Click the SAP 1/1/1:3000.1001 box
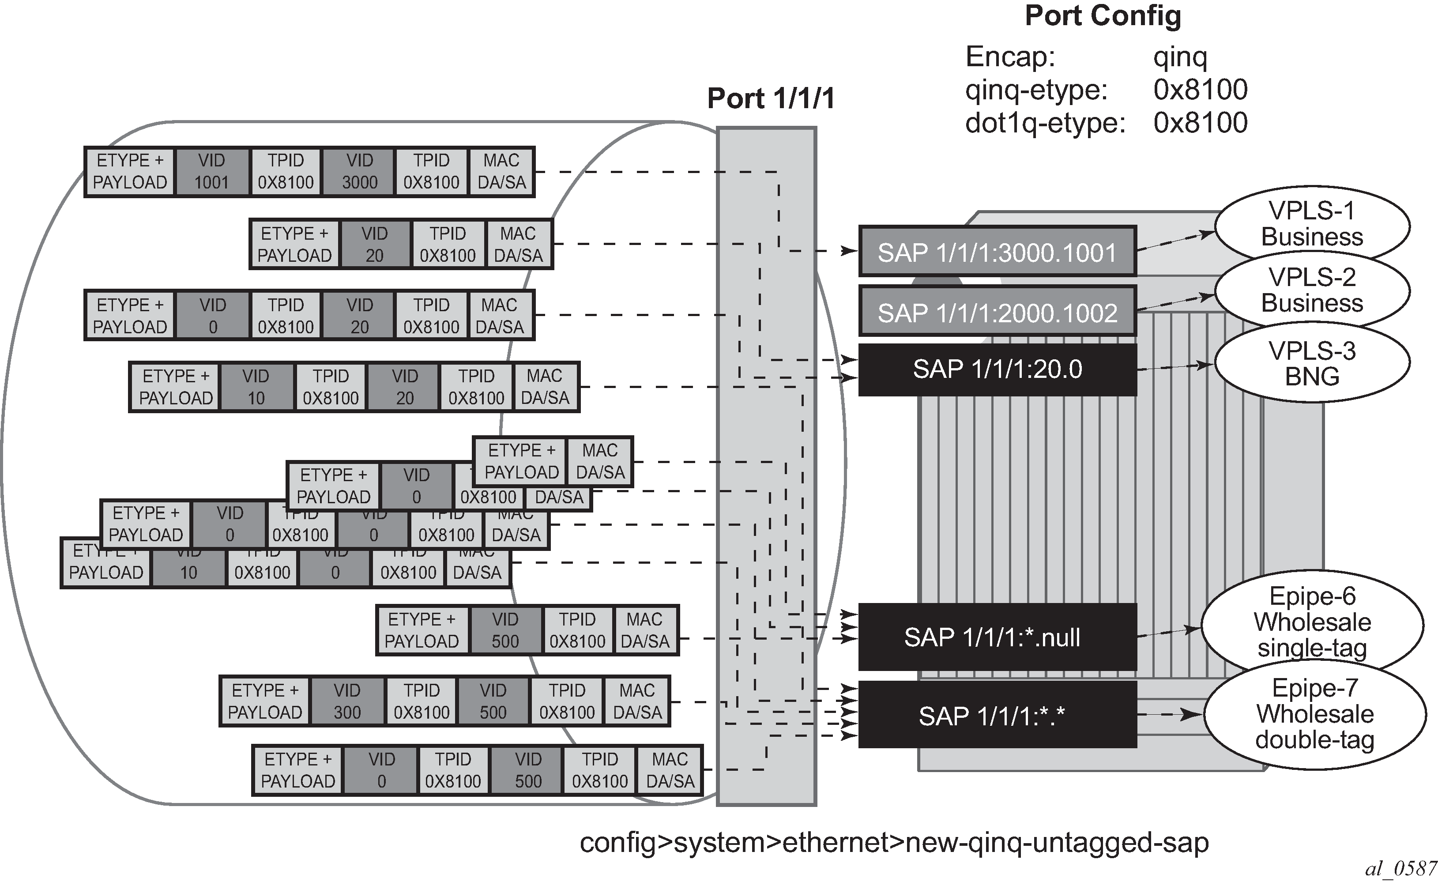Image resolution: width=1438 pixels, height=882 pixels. click(997, 252)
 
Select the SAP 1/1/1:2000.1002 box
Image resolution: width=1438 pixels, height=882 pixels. click(997, 312)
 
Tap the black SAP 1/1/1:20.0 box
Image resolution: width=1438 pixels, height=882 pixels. click(997, 369)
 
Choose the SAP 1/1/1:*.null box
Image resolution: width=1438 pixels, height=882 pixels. click(997, 637)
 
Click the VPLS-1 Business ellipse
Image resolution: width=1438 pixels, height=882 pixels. click(1312, 225)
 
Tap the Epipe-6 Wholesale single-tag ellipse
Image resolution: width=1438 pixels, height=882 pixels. click(1312, 622)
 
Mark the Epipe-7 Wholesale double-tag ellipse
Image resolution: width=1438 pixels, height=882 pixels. click(1314, 714)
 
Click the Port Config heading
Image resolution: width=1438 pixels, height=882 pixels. click(1103, 16)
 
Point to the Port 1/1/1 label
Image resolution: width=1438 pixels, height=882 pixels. click(770, 98)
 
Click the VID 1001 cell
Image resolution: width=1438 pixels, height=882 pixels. click(212, 172)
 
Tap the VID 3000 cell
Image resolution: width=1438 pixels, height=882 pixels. click(359, 172)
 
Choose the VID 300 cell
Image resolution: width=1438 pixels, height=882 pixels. click(347, 701)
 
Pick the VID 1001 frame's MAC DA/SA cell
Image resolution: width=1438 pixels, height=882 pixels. click(501, 172)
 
